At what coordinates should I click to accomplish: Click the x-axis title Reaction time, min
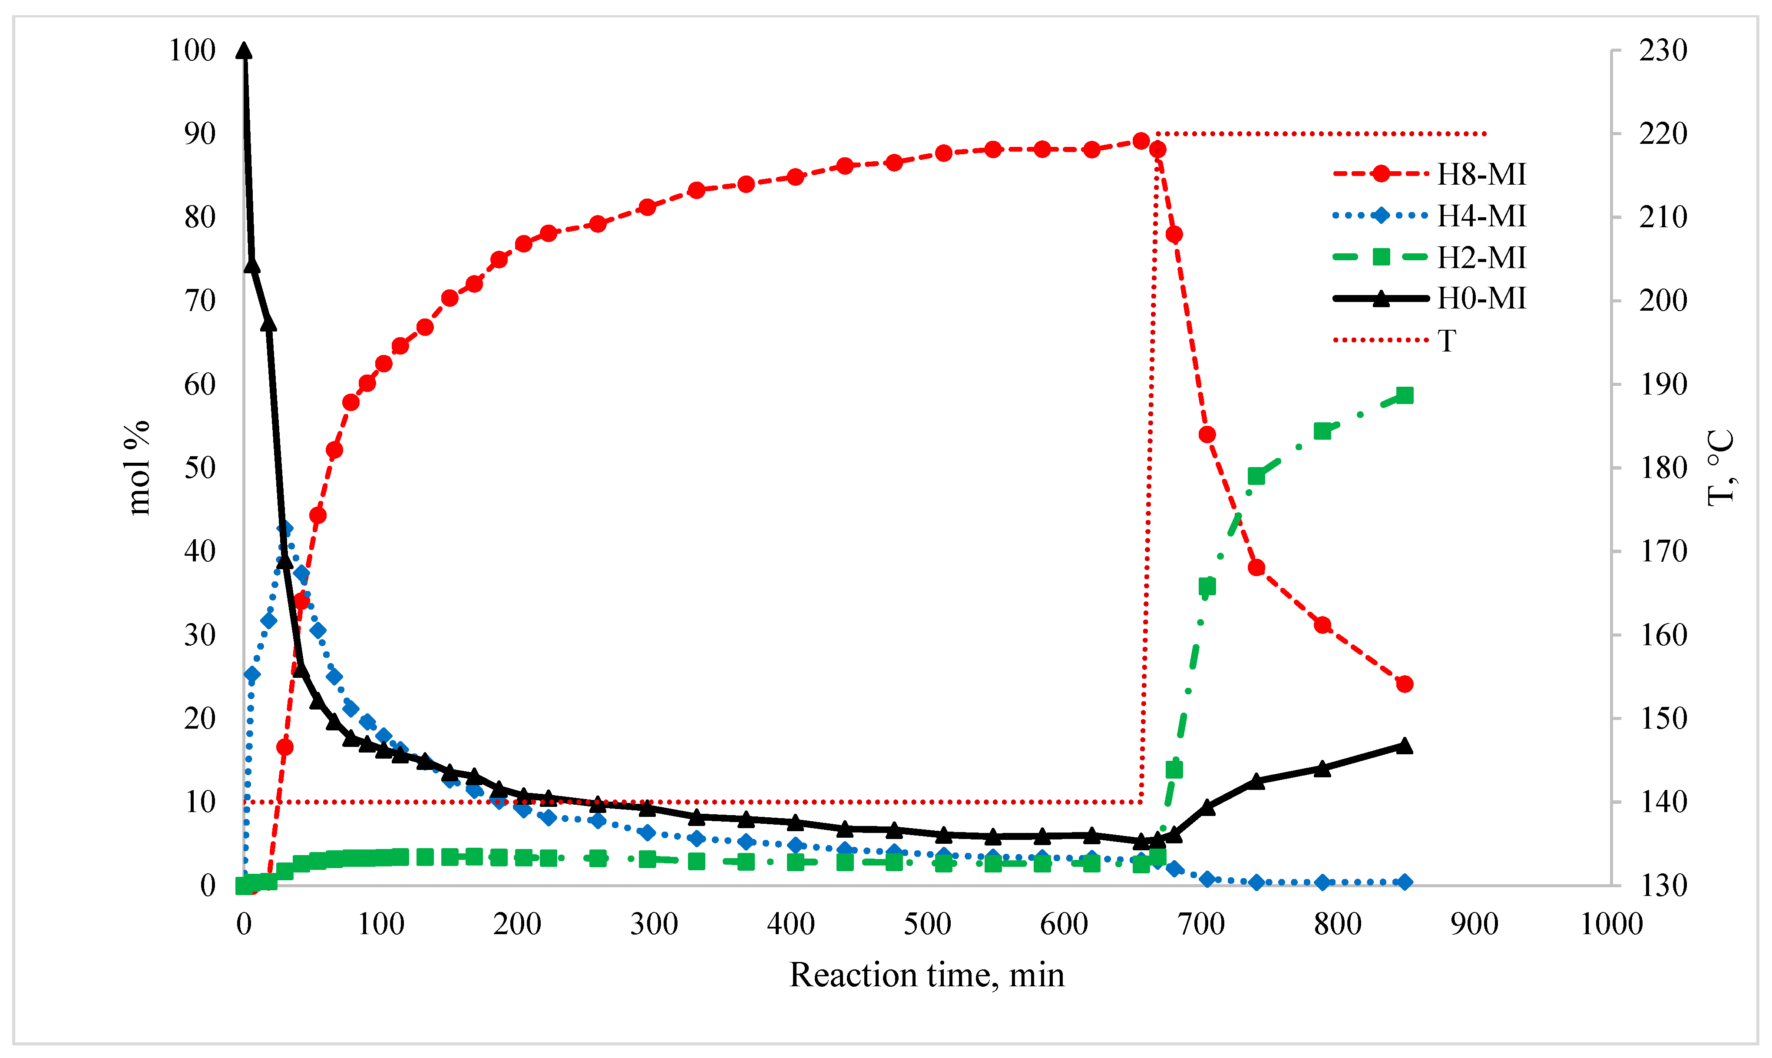point(926,975)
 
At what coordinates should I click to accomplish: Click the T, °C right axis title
point(1721,468)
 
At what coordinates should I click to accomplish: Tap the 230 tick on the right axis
point(1662,50)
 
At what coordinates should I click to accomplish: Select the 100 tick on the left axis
point(192,50)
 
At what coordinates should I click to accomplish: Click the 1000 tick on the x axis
point(1611,925)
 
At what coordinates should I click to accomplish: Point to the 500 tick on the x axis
point(927,925)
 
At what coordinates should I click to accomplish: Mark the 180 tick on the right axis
point(1662,468)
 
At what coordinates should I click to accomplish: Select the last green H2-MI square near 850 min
point(1404,396)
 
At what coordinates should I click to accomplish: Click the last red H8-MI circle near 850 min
point(1404,684)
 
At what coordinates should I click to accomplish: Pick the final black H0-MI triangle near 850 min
point(1404,746)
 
